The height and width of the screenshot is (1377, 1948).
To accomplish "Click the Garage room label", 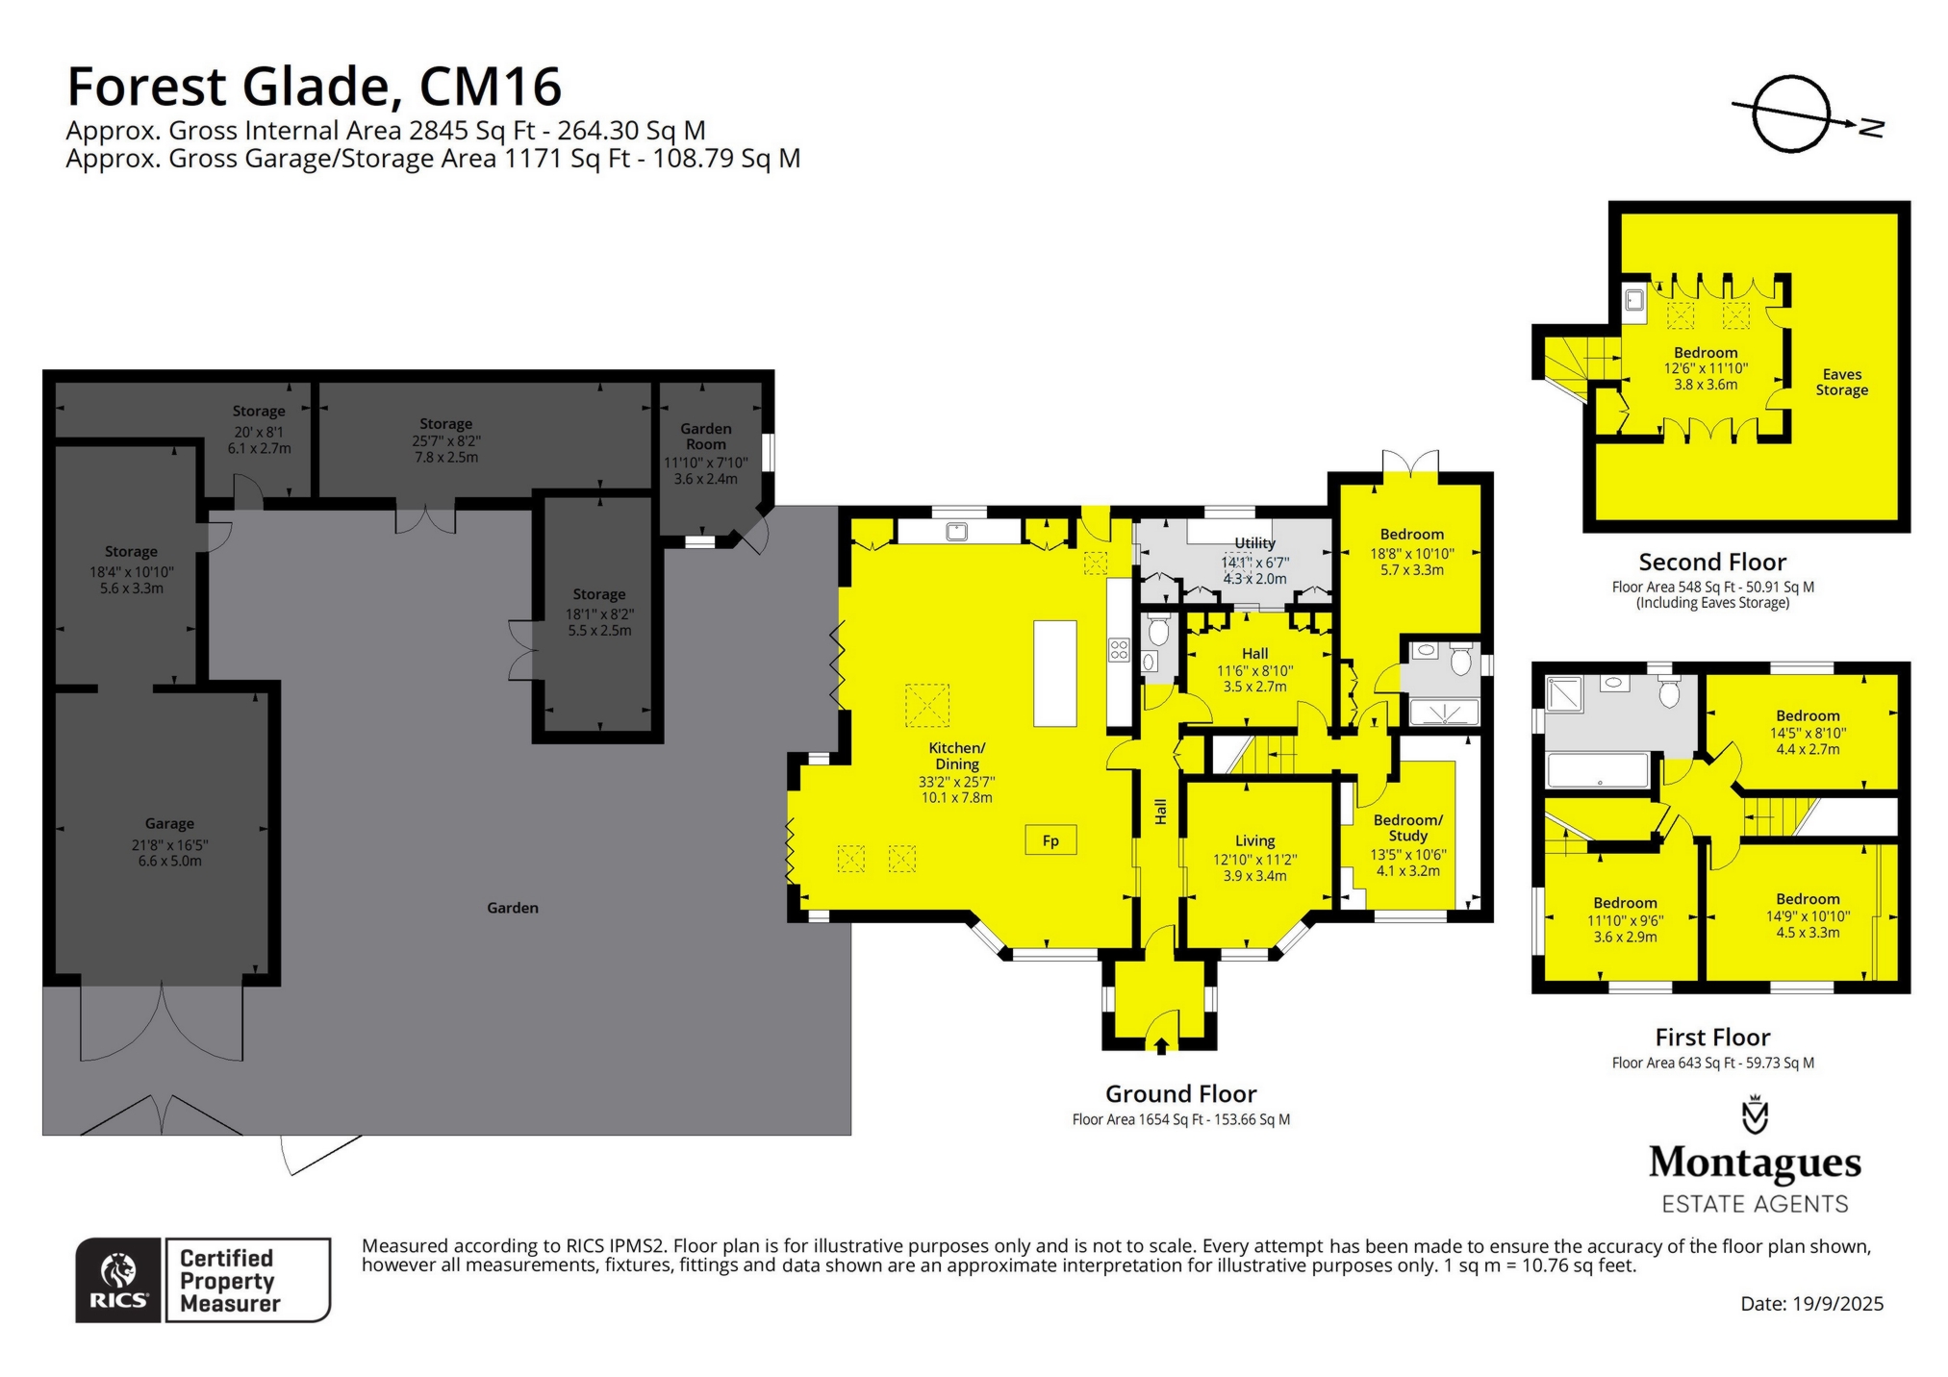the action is point(169,824).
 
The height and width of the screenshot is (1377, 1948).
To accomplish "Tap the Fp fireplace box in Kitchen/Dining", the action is point(1050,840).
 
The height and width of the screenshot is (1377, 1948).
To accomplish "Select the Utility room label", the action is point(1254,543).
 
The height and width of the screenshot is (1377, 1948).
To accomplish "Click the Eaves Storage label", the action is point(1841,382).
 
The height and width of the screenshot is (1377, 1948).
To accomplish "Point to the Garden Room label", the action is point(706,437).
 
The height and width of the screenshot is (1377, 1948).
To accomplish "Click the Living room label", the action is point(1254,840).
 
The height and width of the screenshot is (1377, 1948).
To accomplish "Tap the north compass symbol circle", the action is point(1790,114).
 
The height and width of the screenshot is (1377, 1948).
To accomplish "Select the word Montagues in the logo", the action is point(1755,1164).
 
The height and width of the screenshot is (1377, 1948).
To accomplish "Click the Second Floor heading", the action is point(1712,562).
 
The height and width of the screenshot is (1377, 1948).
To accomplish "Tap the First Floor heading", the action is point(1712,1038).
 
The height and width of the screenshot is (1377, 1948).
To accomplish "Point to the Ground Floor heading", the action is point(1180,1094).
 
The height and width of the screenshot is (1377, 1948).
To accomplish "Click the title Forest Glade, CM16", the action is point(314,87).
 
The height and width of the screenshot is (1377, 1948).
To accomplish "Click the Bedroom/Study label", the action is point(1407,828).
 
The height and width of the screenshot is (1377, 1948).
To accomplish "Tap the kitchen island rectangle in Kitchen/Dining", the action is point(1054,673).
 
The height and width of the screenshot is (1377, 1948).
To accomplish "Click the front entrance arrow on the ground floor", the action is point(1161,1045).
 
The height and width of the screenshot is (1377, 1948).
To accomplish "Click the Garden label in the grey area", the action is point(513,908).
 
